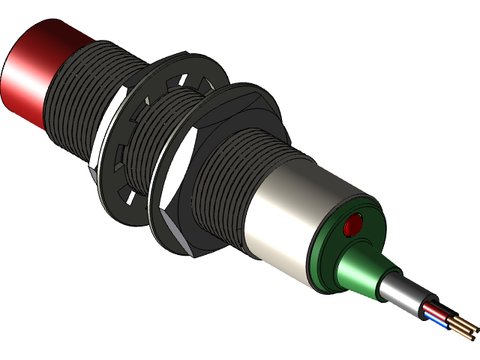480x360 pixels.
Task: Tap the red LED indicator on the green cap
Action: (352, 224)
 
